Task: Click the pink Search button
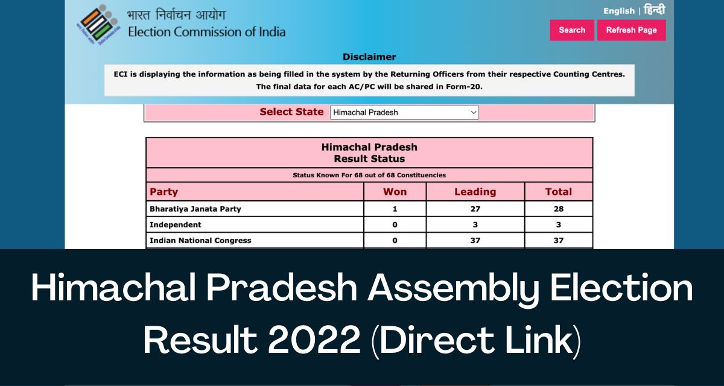[572, 30]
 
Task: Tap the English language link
[619, 11]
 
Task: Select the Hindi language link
[655, 10]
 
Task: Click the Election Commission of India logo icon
[98, 25]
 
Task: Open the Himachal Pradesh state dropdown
[404, 112]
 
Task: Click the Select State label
[291, 112]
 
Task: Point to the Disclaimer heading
[369, 57]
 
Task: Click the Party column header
[164, 192]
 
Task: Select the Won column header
[395, 192]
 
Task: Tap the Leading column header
[475, 192]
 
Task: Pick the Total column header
[559, 192]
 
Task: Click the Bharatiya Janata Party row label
[195, 209]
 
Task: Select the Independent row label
[175, 224]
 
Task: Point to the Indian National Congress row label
[200, 240]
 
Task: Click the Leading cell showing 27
[475, 209]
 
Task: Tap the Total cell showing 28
[559, 209]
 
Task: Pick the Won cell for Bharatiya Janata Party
[395, 209]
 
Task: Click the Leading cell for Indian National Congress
[475, 240]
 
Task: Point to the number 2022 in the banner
[314, 340]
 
